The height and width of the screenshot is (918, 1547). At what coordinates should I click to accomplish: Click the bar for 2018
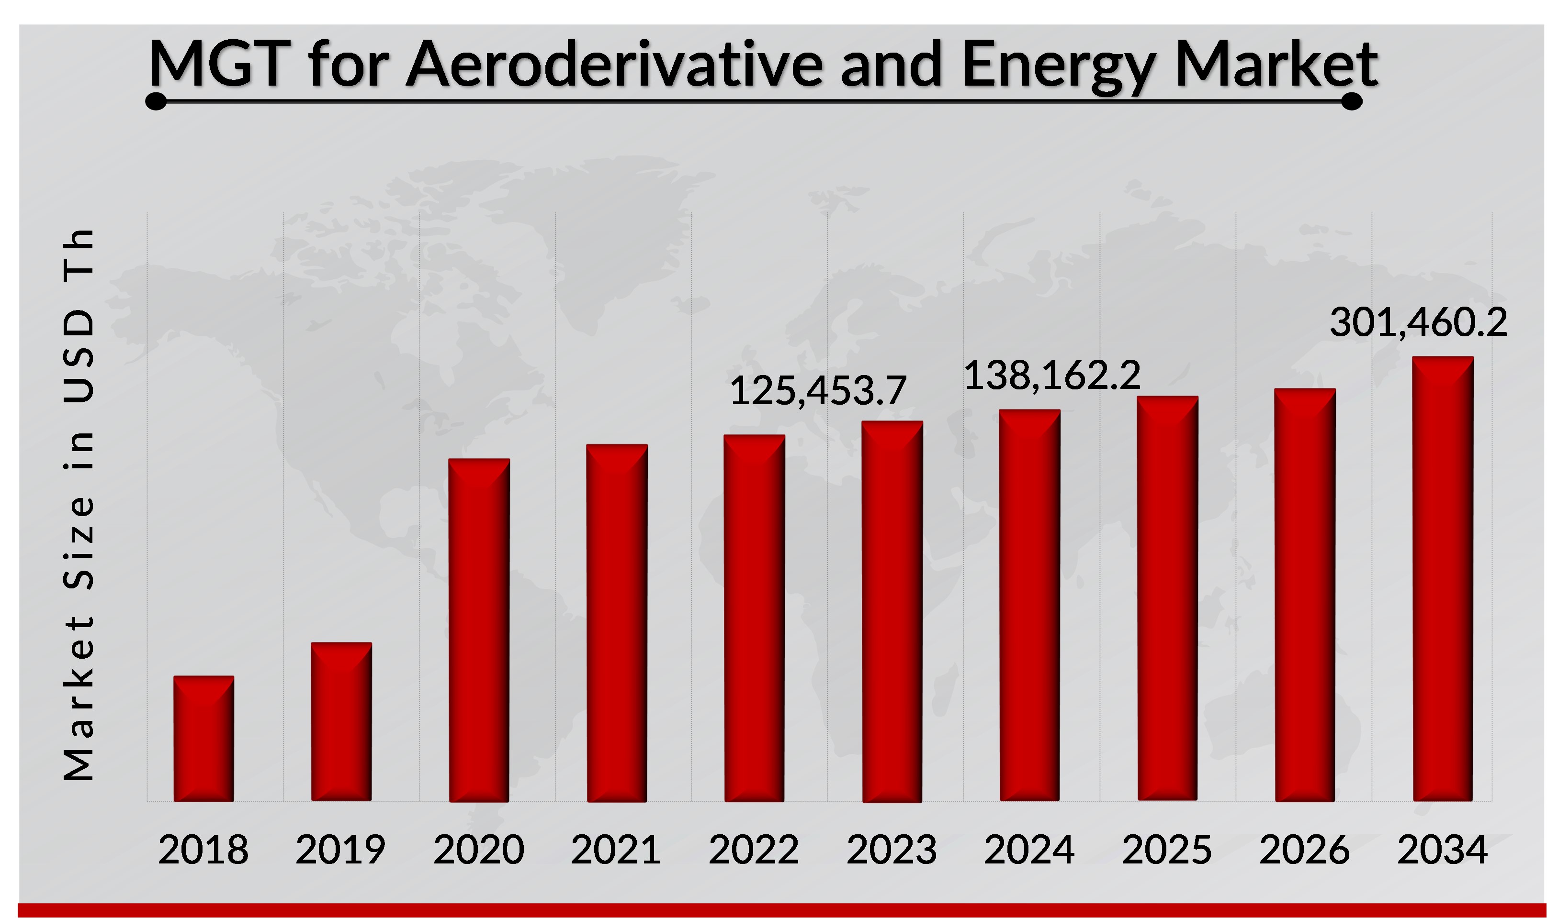[x=203, y=739]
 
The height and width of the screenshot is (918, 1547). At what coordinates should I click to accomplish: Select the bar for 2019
[x=341, y=722]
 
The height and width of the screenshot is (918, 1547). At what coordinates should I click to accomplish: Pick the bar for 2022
[x=754, y=618]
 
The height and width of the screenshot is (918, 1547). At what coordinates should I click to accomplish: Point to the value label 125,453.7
[x=817, y=391]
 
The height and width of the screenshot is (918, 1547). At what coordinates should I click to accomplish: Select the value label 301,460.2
[x=1418, y=323]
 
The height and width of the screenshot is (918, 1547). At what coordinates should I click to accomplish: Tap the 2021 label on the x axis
[x=615, y=850]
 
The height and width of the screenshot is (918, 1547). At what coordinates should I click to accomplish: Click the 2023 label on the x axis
[x=892, y=850]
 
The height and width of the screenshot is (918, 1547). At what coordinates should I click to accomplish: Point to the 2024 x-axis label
[x=1029, y=850]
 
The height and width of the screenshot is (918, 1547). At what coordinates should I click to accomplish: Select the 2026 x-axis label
[x=1304, y=850]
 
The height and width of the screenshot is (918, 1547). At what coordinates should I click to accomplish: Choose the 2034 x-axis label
[x=1442, y=850]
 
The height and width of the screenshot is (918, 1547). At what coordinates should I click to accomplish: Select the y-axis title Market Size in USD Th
[x=79, y=504]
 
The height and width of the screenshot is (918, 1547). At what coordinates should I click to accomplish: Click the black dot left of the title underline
[x=156, y=101]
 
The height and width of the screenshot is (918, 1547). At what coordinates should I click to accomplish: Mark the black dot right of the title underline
[x=1351, y=101]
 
